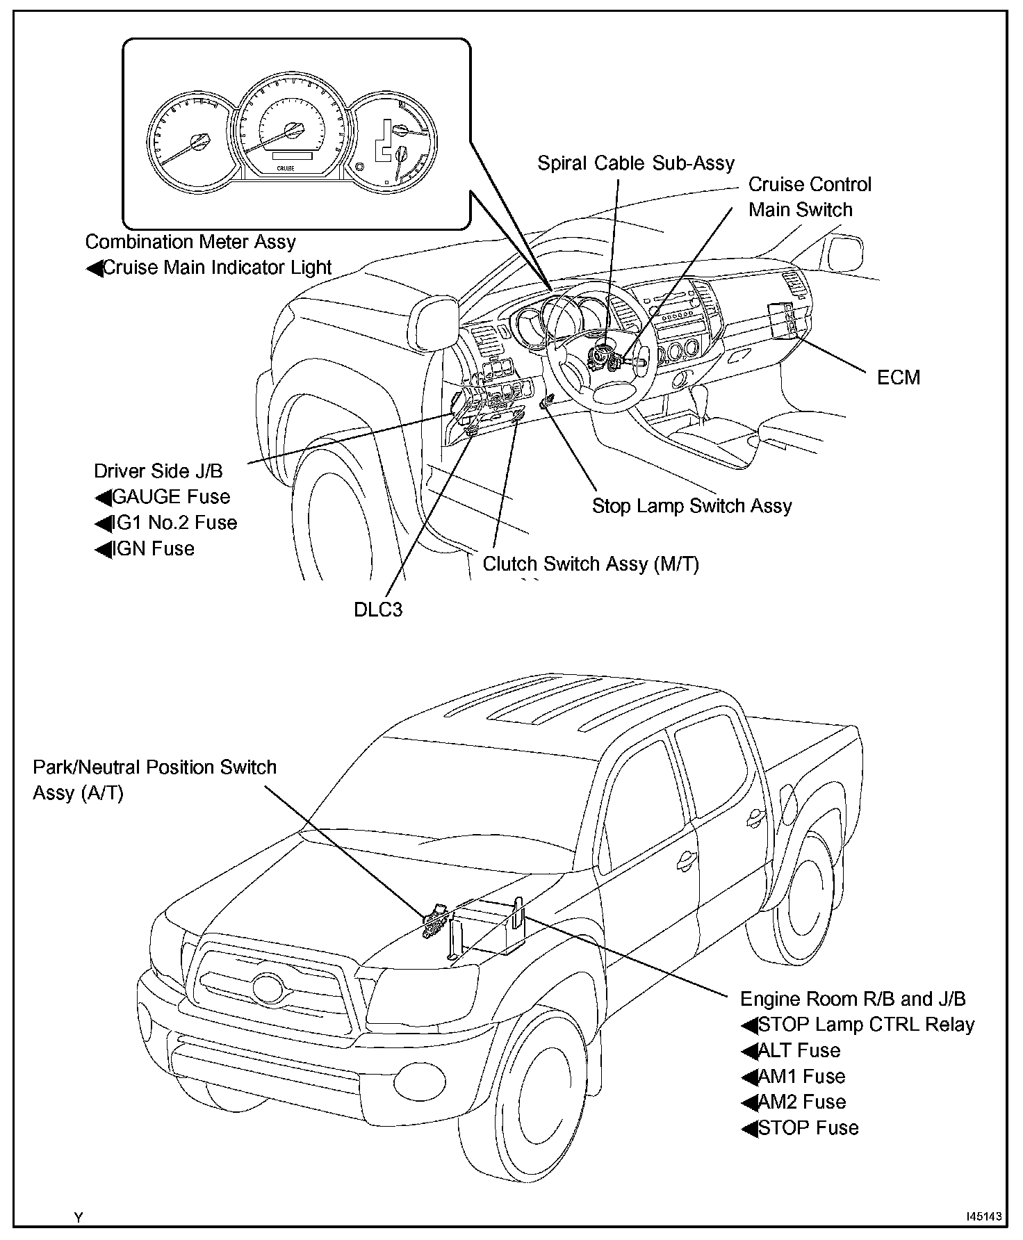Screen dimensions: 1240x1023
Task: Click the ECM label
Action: [x=898, y=377]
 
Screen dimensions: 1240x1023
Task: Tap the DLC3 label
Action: [x=378, y=610]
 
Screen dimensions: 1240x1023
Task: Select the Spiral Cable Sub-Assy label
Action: [x=636, y=163]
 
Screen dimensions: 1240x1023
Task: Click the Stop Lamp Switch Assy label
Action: [x=691, y=506]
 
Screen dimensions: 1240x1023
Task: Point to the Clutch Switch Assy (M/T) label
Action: [x=591, y=564]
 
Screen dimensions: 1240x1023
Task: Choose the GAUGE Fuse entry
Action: [x=170, y=497]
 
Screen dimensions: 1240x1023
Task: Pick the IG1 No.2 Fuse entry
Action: [x=174, y=523]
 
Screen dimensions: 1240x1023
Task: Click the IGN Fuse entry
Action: [x=153, y=549]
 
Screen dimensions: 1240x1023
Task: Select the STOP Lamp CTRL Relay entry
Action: [x=866, y=1025]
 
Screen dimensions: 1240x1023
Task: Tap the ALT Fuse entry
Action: [x=799, y=1050]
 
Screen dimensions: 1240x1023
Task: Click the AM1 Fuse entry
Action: [x=801, y=1077]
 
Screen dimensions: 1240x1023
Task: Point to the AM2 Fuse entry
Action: [x=801, y=1102]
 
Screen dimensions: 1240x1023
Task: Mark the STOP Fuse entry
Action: [x=808, y=1127]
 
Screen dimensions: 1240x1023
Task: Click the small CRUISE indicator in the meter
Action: [x=286, y=168]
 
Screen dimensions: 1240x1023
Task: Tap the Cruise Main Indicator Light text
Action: [x=217, y=268]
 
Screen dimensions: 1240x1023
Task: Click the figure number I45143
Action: [x=984, y=1216]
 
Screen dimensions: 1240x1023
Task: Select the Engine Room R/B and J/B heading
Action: [x=853, y=999]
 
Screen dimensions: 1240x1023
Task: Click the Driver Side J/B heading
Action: [x=158, y=471]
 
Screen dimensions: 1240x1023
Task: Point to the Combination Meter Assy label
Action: [x=190, y=242]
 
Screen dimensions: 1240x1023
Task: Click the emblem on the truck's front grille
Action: [x=265, y=988]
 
